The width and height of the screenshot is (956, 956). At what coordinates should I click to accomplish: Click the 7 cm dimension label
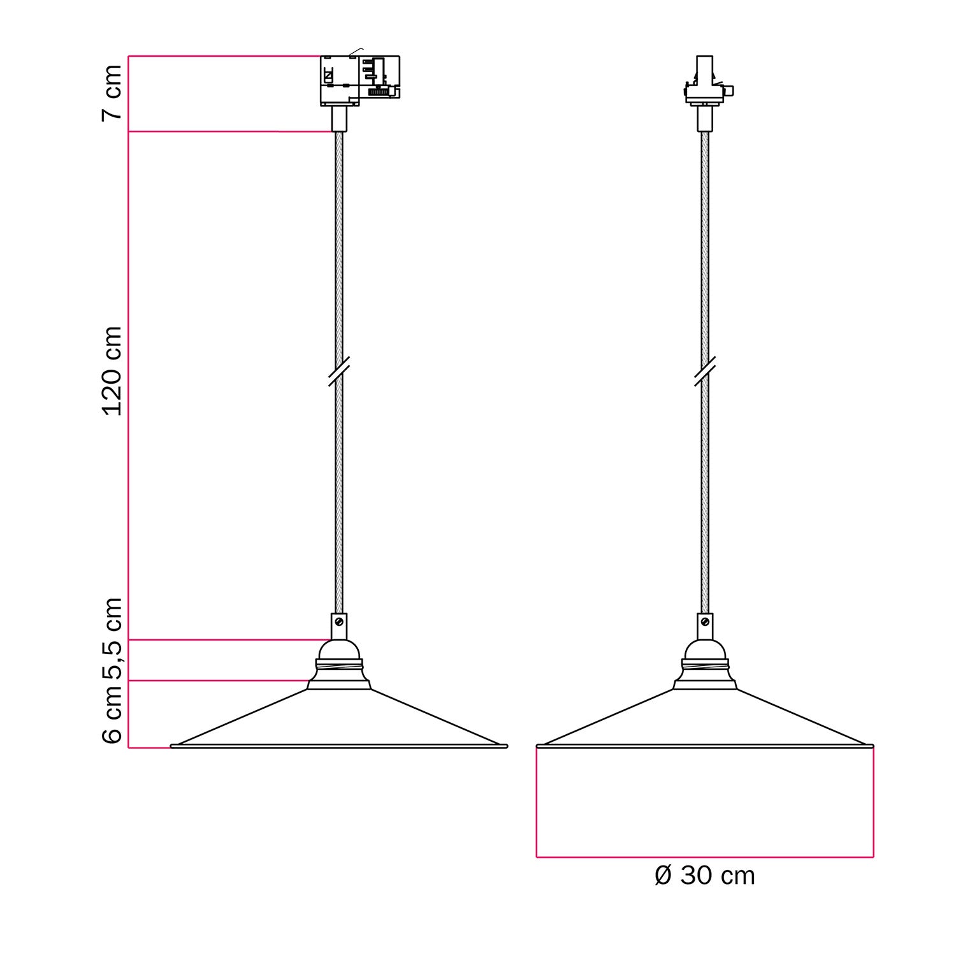click(x=112, y=92)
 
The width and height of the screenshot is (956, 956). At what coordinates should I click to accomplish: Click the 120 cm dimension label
click(x=112, y=371)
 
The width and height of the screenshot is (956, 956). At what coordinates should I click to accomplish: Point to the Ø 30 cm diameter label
click(x=704, y=876)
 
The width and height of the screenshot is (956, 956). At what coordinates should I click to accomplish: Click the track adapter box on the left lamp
click(x=359, y=80)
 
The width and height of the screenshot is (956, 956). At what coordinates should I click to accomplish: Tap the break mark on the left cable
click(x=338, y=372)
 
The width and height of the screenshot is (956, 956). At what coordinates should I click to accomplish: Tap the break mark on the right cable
click(x=704, y=372)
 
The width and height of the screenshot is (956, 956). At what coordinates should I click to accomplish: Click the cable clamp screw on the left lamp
click(x=339, y=621)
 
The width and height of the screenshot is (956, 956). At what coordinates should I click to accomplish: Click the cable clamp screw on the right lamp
click(x=705, y=621)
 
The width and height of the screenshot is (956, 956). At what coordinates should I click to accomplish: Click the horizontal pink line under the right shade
click(x=704, y=857)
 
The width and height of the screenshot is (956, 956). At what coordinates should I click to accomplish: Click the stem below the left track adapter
click(x=339, y=119)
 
